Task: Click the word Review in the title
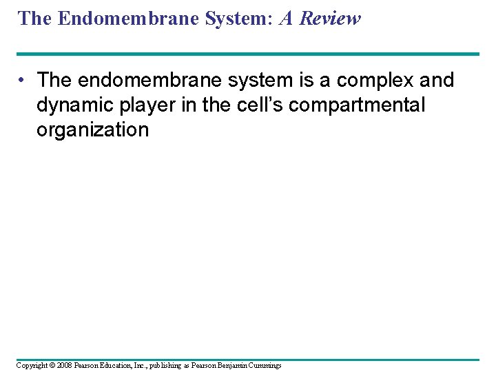[x=329, y=19]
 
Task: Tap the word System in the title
[x=230, y=19]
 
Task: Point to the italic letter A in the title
[x=286, y=19]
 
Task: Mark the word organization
[x=92, y=130]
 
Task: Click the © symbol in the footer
[x=52, y=364]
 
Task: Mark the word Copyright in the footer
[x=32, y=364]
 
